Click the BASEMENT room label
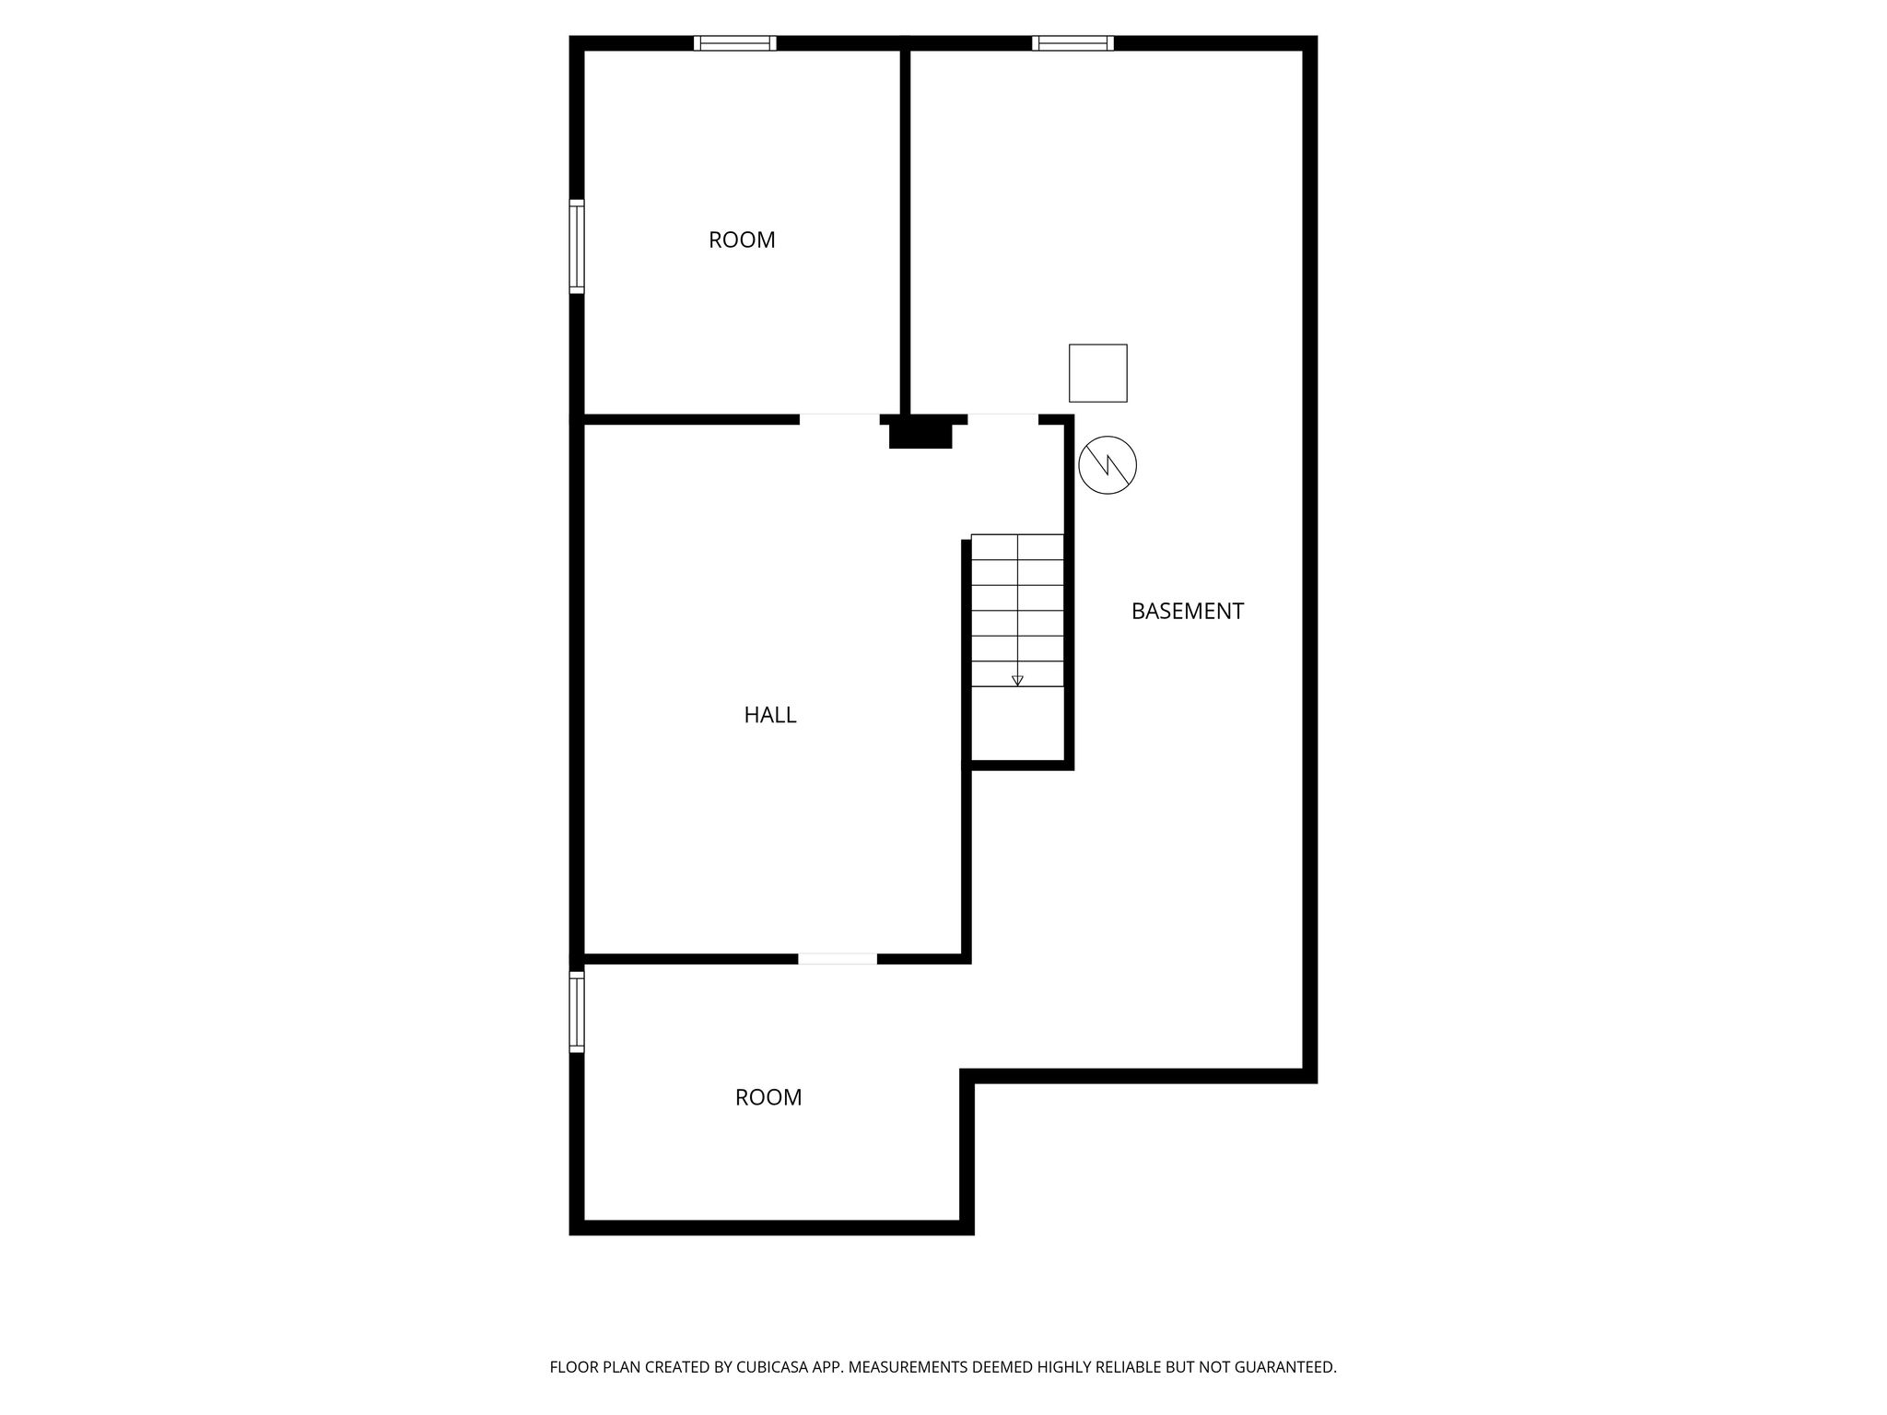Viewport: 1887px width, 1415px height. coord(1187,611)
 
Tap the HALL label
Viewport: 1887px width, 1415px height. coord(769,715)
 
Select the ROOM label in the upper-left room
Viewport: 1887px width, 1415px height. coord(742,240)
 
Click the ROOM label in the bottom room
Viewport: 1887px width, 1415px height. coord(768,1097)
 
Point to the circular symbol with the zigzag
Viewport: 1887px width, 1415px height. coord(1107,464)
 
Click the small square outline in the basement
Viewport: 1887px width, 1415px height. coord(1097,373)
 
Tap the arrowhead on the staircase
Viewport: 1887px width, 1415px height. coord(1017,681)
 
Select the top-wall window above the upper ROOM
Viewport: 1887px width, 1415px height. coord(734,43)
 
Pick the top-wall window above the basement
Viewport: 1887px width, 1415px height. coord(1072,43)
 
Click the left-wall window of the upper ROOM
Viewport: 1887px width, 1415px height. coord(577,246)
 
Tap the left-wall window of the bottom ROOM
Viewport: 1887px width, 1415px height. coord(577,1012)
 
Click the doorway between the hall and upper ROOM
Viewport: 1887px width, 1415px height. coord(839,419)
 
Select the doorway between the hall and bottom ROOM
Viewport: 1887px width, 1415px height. coord(837,959)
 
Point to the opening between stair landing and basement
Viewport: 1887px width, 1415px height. coord(1002,419)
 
